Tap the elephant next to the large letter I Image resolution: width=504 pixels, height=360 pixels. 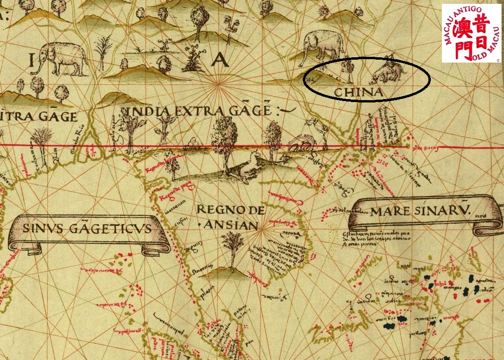pos(60,59)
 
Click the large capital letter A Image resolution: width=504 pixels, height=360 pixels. pos(220,60)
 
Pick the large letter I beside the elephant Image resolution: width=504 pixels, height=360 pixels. pos(32,61)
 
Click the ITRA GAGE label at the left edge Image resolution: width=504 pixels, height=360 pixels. pos(39,116)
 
